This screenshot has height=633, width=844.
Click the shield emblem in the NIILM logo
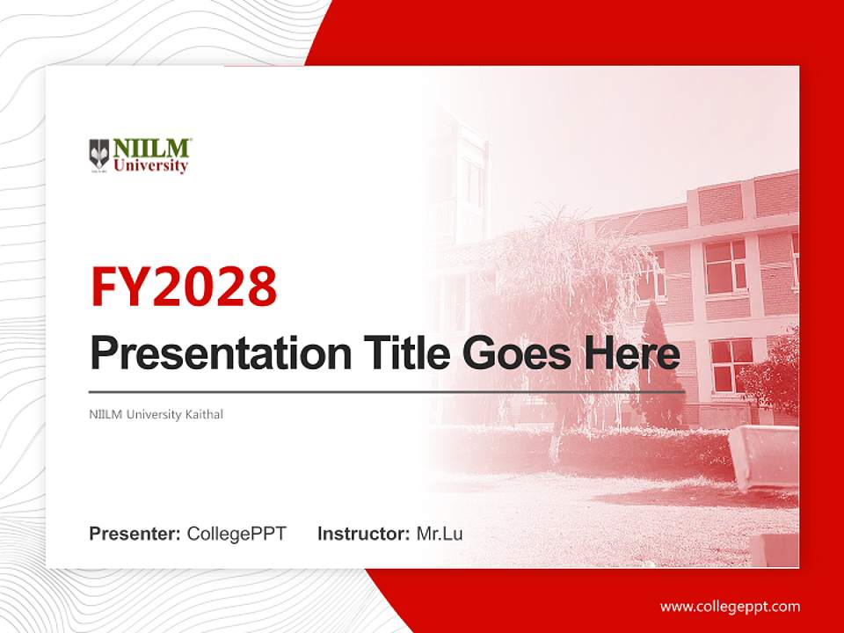tap(99, 154)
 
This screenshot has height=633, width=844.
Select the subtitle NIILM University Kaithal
tap(156, 414)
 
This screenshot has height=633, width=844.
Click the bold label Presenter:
tap(135, 534)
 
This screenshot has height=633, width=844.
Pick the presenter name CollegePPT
tap(236, 534)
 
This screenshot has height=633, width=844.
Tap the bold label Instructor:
tap(363, 534)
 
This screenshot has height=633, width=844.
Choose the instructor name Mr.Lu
tap(440, 534)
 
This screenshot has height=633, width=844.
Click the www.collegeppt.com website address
tap(730, 606)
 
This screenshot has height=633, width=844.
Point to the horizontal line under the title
tap(387, 392)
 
